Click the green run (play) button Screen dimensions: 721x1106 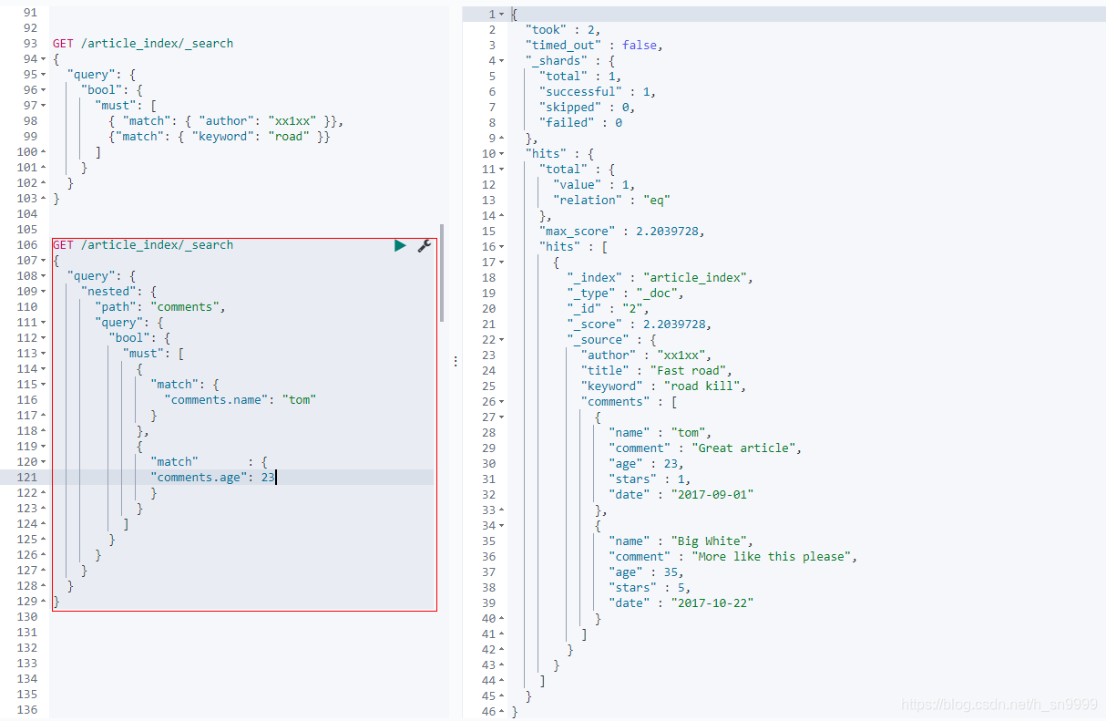400,245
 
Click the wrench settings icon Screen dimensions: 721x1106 424,245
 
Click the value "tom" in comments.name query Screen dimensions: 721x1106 299,399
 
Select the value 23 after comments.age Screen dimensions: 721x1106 267,477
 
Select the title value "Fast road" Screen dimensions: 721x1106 689,370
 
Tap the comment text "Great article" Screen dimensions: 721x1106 746,448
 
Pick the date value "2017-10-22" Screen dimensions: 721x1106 712,603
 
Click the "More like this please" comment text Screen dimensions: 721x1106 773,556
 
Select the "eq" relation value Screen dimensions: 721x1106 657,200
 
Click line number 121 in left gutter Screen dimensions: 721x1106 27,477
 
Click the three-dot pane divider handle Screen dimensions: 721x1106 455,362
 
